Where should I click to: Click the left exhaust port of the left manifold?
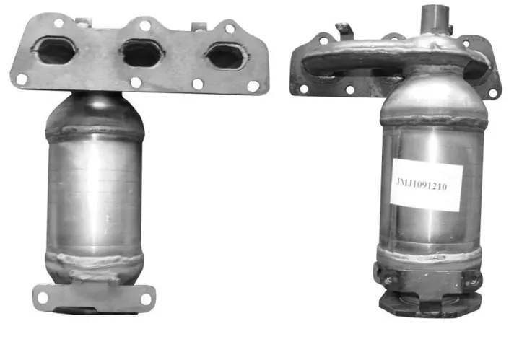pos(55,51)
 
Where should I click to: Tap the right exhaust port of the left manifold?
pos(226,56)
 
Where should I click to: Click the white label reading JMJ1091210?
pos(427,185)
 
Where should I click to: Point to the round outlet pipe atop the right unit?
pos(436,19)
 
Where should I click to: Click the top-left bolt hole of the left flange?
pos(58,23)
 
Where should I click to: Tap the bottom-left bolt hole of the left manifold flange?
pos(22,79)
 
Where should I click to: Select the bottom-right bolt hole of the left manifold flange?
pos(253,87)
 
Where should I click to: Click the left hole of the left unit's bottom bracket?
pos(43,297)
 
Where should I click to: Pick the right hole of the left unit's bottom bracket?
pos(146,299)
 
